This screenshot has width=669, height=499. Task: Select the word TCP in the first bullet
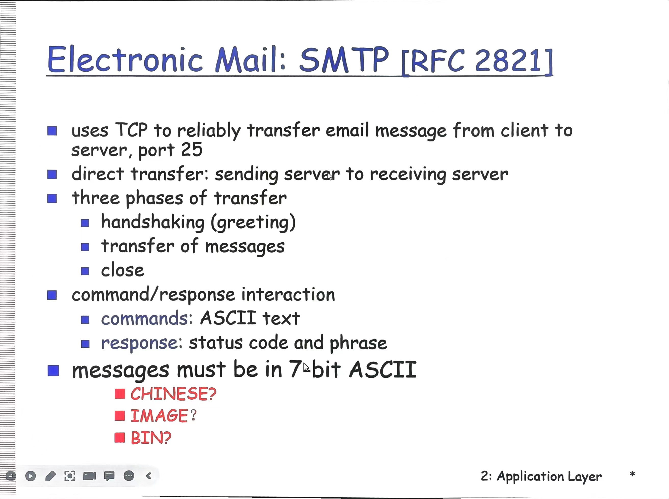[x=132, y=130]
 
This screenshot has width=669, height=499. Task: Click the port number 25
[x=191, y=149]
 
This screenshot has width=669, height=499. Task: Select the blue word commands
[x=145, y=318]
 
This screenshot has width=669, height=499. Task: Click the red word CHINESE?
[x=173, y=393]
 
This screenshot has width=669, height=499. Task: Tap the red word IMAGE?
[x=163, y=415]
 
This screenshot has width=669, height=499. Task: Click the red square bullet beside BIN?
[x=120, y=437]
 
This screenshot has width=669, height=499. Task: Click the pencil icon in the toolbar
[x=50, y=476]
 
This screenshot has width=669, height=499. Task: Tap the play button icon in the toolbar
[x=31, y=476]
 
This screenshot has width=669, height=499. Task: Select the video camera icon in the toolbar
[x=89, y=476]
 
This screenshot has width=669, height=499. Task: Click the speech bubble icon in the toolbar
[x=109, y=476]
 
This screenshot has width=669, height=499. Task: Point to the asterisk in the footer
[x=632, y=474]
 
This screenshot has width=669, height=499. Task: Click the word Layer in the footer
[x=584, y=477]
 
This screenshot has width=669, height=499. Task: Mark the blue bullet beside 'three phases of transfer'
[x=52, y=199]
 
